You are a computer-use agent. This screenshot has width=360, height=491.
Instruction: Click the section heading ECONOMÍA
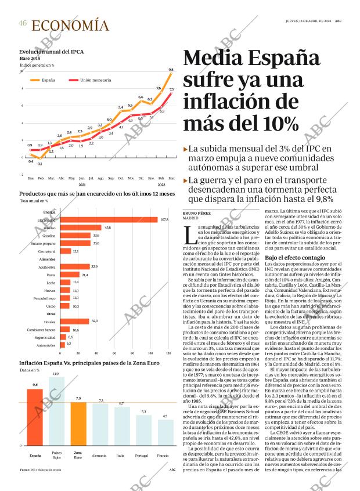pyautogui.click(x=70, y=26)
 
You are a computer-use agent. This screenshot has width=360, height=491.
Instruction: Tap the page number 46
pyautogui.click(x=23, y=24)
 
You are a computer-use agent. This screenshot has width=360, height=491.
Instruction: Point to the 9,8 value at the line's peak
pyautogui.click(x=171, y=70)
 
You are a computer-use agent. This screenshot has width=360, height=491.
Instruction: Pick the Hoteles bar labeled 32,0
pyautogui.click(x=74, y=321)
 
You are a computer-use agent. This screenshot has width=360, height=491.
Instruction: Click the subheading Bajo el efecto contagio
pyautogui.click(x=295, y=257)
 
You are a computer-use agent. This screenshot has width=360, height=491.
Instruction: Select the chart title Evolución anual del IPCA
pyautogui.click(x=51, y=52)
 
